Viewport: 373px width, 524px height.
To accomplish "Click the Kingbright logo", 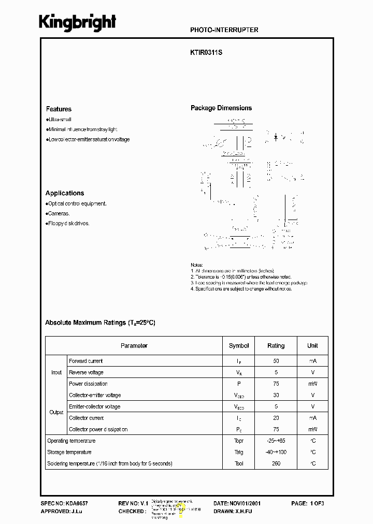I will (x=78, y=23).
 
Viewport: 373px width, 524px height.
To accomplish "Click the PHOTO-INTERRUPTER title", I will (x=224, y=30).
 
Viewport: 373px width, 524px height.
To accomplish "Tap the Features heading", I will (x=59, y=109).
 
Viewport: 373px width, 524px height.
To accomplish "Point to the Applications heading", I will (x=65, y=193).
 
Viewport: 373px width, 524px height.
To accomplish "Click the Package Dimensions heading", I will (x=221, y=108).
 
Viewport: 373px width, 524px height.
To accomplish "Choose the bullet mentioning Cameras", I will (x=58, y=213).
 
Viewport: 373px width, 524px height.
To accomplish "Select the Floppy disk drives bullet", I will (x=68, y=223).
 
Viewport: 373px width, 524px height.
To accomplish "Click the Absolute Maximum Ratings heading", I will (x=100, y=323).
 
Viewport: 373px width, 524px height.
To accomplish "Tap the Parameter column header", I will (x=134, y=345).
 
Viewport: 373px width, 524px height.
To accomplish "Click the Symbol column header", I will (x=239, y=345).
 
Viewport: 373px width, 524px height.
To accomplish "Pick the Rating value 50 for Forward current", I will (x=276, y=361).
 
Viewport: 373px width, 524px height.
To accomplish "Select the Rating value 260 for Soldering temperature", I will (x=276, y=463).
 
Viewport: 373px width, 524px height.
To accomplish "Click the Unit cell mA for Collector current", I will (x=312, y=418).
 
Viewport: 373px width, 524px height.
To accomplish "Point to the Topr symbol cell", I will (x=239, y=441).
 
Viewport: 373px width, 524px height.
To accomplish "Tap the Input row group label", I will (x=56, y=372).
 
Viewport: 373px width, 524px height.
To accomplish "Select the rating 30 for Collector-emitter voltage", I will (x=276, y=395).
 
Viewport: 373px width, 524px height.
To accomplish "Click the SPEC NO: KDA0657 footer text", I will (x=64, y=503).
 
